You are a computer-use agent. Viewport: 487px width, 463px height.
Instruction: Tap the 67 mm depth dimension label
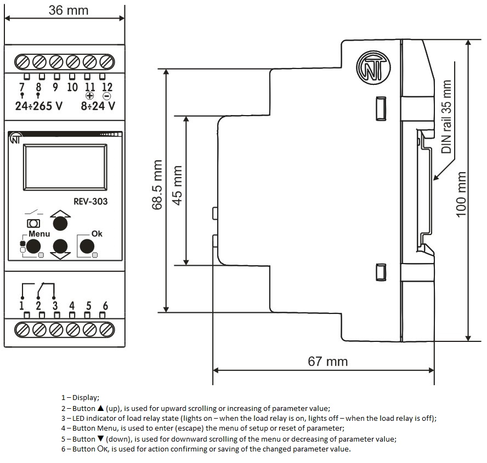(x=327, y=361)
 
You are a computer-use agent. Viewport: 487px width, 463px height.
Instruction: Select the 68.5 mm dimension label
(x=158, y=185)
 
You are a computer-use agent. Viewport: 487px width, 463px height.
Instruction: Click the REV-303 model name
(x=90, y=201)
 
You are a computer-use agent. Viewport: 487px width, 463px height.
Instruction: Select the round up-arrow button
(x=60, y=223)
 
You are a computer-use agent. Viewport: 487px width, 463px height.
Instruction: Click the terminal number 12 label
(x=107, y=87)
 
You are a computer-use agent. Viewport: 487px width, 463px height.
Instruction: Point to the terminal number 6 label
(x=105, y=306)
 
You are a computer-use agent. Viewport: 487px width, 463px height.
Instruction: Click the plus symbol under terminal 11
(x=90, y=95)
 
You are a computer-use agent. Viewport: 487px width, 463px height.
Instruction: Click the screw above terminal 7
(x=22, y=60)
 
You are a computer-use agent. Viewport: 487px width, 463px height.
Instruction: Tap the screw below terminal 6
(x=106, y=329)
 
